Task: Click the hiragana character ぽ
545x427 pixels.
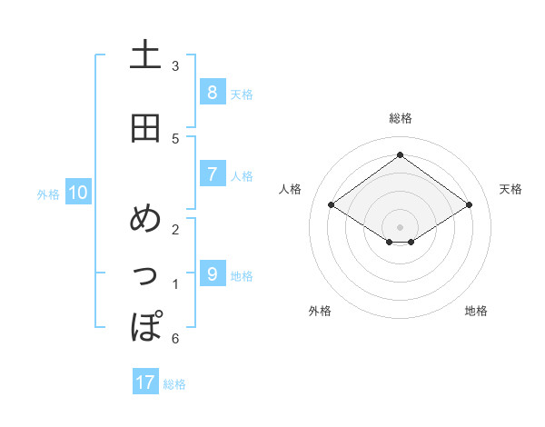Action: tap(145, 324)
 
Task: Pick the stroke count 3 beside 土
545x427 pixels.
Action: tap(175, 66)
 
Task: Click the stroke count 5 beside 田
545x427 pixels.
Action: tap(175, 138)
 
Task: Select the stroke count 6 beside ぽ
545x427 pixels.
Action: tap(175, 339)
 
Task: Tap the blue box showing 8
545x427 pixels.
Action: tap(212, 92)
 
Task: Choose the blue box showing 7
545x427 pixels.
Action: tap(212, 174)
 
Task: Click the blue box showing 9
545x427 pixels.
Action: tap(212, 273)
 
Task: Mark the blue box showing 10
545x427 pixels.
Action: tap(77, 193)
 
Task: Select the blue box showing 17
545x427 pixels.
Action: tap(145, 382)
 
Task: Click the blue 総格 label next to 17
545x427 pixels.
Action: tap(174, 384)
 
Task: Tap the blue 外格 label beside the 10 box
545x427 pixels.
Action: tap(48, 194)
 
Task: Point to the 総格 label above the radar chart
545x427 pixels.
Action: tap(400, 118)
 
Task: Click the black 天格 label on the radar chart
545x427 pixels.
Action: tap(510, 189)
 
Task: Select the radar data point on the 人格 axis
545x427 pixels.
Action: tap(332, 205)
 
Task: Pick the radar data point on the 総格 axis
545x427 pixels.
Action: tap(400, 154)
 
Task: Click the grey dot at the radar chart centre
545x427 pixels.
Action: tap(400, 227)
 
